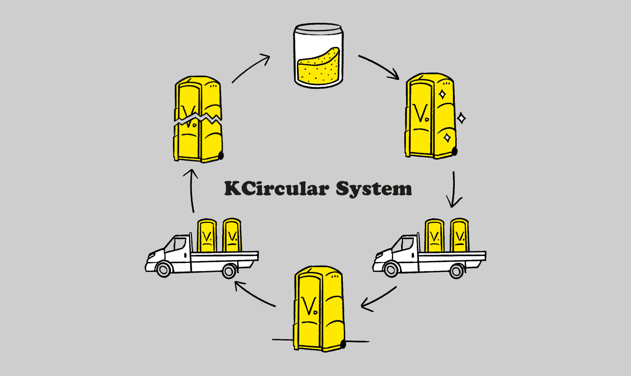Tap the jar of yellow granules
pyautogui.click(x=318, y=56)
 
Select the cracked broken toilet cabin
pyautogui.click(x=198, y=120)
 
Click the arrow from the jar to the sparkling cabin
pyautogui.click(x=379, y=67)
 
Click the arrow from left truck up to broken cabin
pyautogui.click(x=192, y=190)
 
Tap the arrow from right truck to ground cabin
pyautogui.click(x=378, y=299)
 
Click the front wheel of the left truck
pyautogui.click(x=163, y=269)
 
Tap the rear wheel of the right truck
pyautogui.click(x=456, y=271)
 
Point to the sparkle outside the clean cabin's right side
pyautogui.click(x=461, y=118)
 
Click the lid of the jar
pyautogui.click(x=318, y=28)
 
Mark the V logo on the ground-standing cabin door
pyautogui.click(x=310, y=306)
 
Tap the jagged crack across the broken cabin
pyautogui.click(x=197, y=119)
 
